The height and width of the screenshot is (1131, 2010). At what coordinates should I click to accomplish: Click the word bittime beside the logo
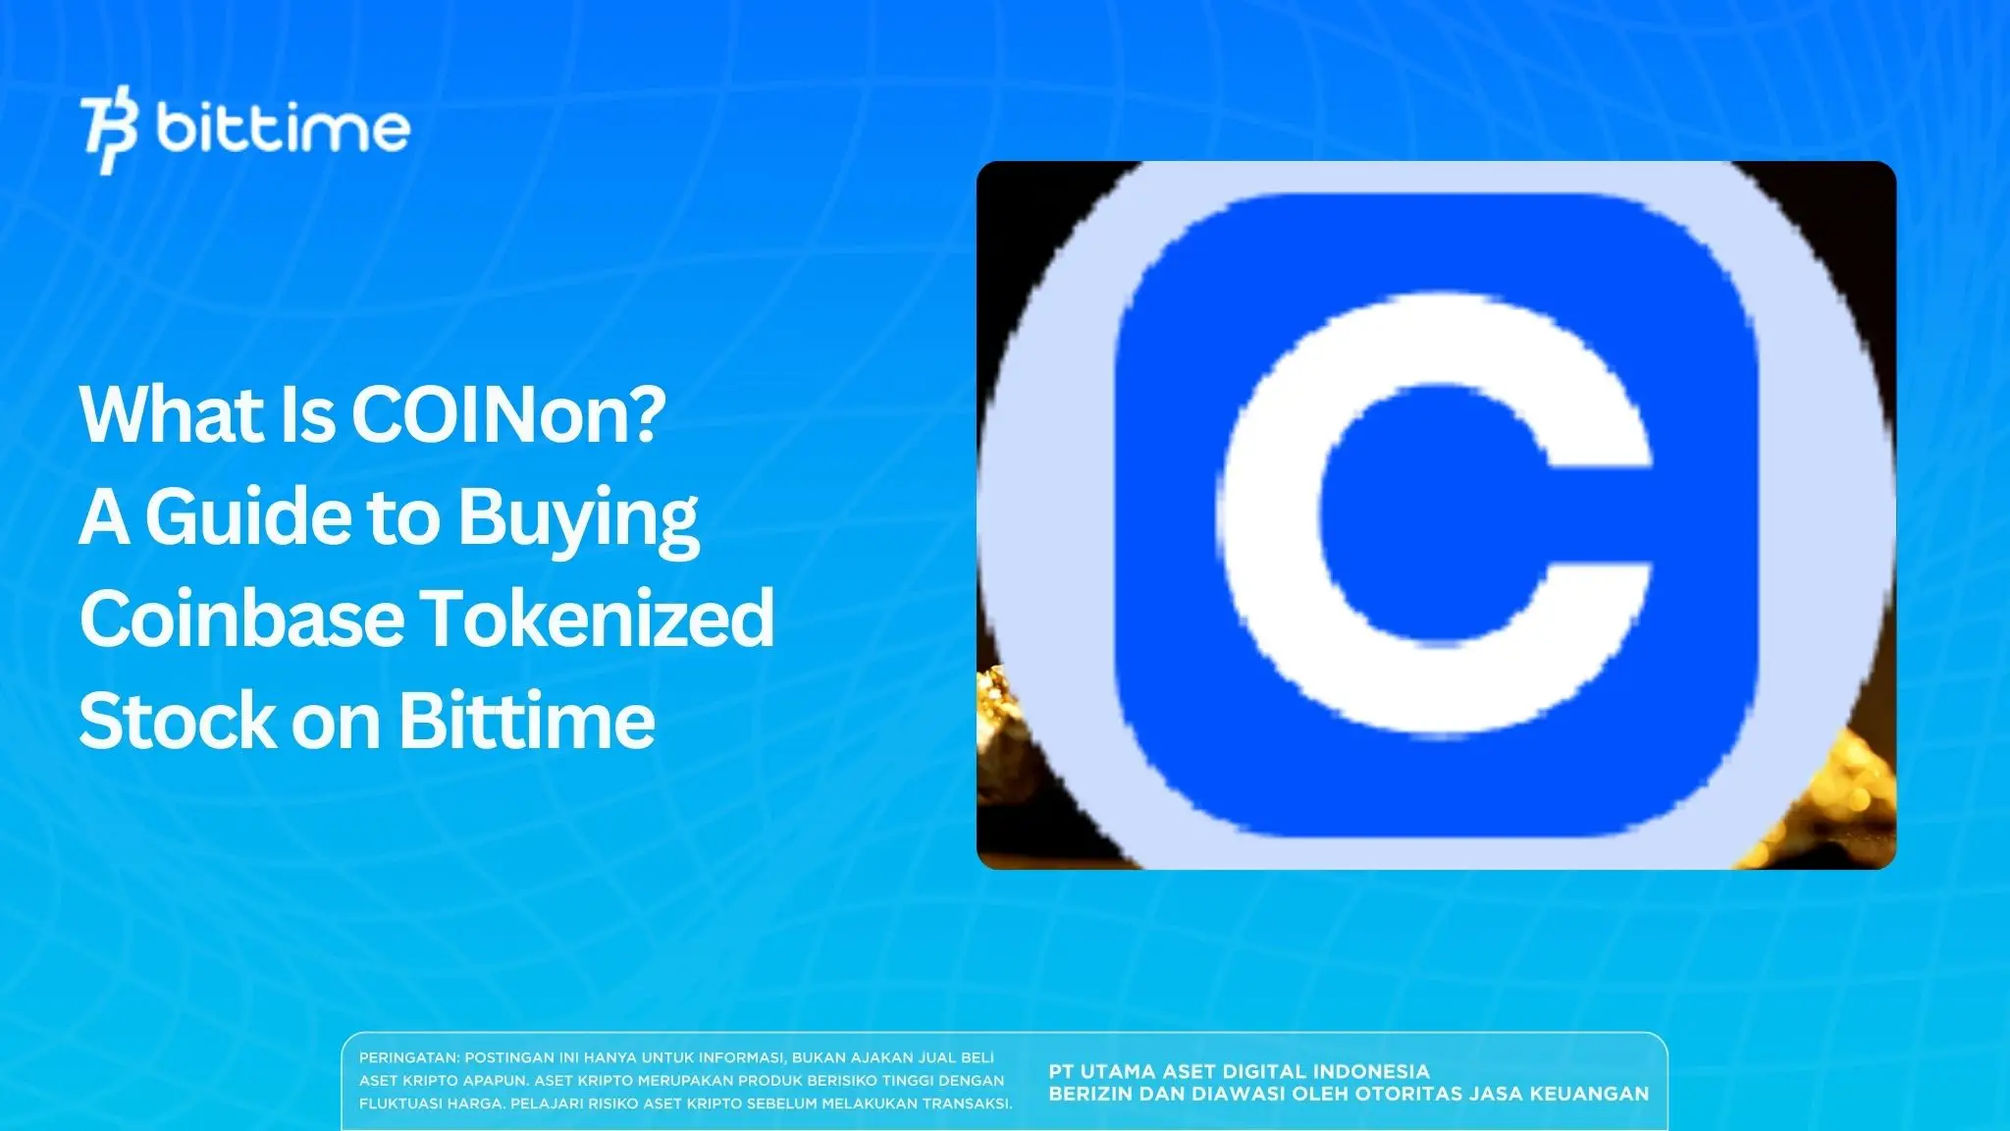point(283,130)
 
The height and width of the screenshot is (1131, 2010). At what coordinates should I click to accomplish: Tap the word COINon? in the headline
point(508,414)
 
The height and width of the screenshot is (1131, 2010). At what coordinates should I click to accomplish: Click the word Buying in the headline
point(578,519)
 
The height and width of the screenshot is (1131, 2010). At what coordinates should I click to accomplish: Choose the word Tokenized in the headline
point(599,619)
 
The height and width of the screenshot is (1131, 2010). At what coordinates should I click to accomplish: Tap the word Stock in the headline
point(177,721)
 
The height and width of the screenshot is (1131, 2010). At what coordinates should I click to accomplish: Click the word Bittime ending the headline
point(526,721)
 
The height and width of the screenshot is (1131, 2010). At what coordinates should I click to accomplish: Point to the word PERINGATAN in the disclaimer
point(407,1058)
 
